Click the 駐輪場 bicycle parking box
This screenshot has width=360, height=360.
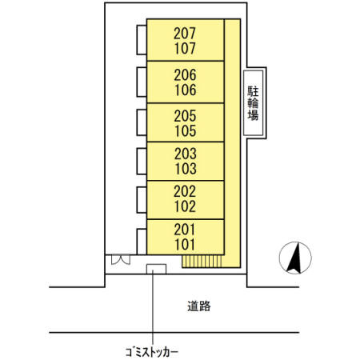coord(253,102)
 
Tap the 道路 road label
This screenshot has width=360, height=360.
coord(199,306)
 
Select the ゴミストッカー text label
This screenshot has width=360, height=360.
coord(152,350)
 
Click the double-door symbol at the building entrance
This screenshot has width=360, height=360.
coord(122,260)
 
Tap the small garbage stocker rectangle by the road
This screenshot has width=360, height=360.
coord(155,268)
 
